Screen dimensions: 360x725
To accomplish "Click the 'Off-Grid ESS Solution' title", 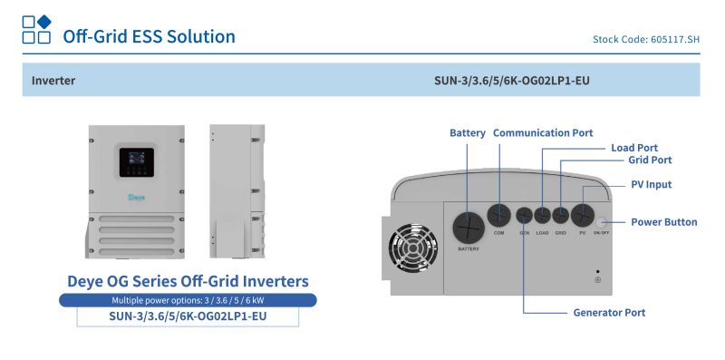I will (x=149, y=36).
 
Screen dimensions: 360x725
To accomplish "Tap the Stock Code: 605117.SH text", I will (x=645, y=40).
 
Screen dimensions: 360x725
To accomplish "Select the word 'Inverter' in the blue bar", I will (x=53, y=81).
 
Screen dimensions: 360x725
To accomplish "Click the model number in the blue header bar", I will (x=513, y=81).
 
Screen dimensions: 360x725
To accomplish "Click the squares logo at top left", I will (x=36, y=29).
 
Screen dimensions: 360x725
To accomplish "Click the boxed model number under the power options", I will (x=188, y=316).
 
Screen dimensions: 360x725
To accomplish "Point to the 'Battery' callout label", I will (x=468, y=133).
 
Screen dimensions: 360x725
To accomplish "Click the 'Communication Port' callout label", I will (x=543, y=133).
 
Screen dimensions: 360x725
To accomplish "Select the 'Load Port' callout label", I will (x=634, y=147).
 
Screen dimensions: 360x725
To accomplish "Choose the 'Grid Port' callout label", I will (x=650, y=160).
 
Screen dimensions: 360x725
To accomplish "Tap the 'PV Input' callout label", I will (x=652, y=184).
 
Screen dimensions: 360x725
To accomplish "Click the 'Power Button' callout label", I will (x=663, y=222).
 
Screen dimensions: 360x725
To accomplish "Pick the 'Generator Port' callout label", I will (x=609, y=313).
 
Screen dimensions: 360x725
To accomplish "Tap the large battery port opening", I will (x=469, y=225).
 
